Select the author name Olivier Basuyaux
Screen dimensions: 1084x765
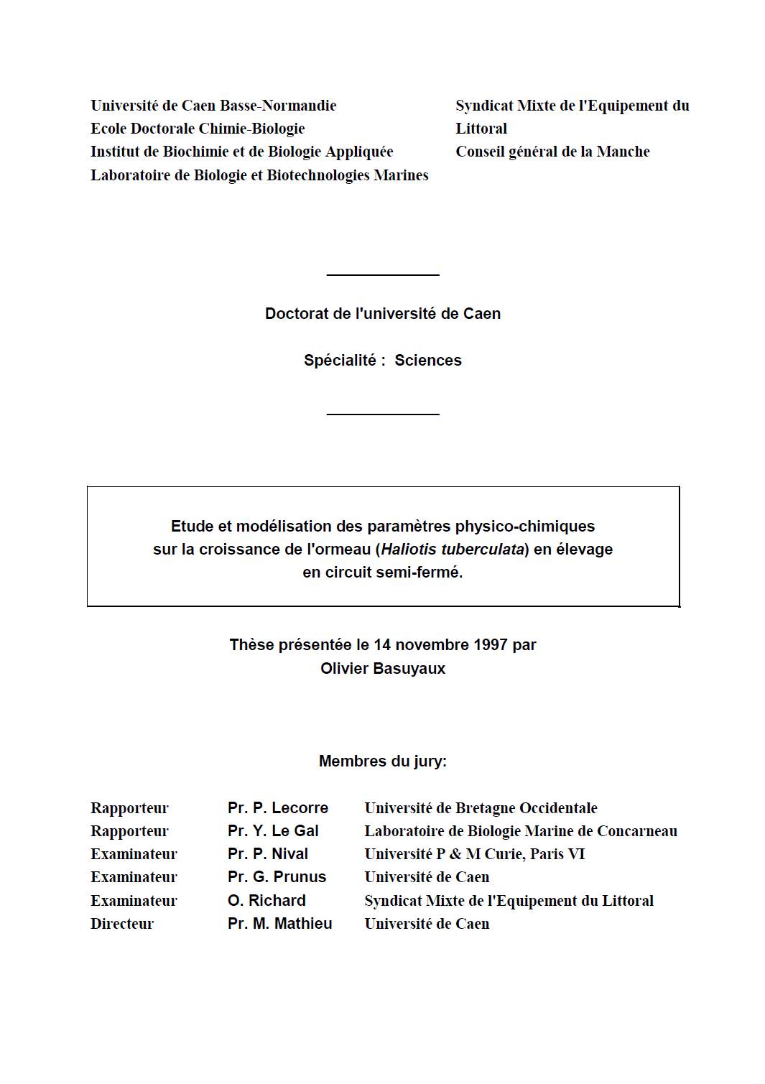[383, 669]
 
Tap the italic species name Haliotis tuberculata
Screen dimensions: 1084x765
[452, 550]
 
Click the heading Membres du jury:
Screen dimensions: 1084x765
[383, 761]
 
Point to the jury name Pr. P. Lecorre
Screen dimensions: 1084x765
[278, 808]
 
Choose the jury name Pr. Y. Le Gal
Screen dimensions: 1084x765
[273, 831]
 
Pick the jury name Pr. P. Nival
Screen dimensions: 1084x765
[268, 854]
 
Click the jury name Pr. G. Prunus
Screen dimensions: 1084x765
[277, 877]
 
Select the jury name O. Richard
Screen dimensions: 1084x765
[266, 901]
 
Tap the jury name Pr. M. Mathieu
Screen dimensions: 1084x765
[280, 924]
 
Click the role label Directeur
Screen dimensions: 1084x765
[122, 924]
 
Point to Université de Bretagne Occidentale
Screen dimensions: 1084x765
[481, 808]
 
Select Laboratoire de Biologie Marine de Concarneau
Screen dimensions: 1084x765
[521, 831]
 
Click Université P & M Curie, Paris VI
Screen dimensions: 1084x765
[475, 854]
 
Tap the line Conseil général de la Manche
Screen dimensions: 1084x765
[552, 152]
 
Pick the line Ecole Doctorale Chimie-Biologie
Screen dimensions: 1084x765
[198, 129]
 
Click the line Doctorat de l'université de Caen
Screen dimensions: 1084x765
[383, 314]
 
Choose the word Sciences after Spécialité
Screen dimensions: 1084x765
[428, 361]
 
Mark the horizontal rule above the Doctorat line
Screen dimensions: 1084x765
[383, 274]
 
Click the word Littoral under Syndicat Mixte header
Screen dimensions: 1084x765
[481, 129]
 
